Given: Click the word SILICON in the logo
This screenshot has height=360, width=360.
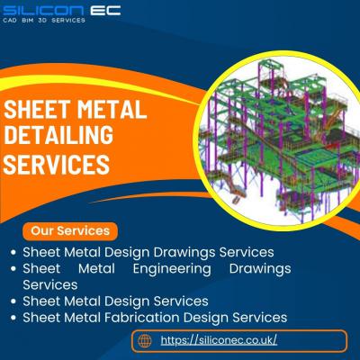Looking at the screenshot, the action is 43,10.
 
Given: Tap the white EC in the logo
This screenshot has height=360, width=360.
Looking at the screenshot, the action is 105,10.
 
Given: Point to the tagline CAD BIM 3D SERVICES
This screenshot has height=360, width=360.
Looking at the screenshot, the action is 44,21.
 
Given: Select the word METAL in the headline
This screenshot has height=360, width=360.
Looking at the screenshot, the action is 112,109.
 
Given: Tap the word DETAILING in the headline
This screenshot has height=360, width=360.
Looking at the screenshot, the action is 58,135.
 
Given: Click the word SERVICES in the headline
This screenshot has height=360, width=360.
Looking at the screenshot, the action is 57,164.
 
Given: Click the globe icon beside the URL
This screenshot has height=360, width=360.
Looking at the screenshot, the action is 145,341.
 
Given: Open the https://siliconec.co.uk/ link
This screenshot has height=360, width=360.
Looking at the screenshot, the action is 219,340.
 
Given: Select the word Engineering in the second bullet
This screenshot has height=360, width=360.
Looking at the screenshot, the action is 172,269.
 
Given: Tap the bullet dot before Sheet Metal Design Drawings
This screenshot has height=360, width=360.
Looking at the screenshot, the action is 13,252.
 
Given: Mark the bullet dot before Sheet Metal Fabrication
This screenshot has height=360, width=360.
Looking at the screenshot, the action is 13,318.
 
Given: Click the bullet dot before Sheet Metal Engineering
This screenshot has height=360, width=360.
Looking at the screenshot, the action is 13,269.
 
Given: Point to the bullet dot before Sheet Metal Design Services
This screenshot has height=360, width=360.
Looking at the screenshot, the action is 13,301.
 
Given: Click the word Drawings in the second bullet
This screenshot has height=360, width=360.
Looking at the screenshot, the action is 260,269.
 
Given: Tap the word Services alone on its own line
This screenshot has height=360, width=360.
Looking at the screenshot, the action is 50,285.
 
